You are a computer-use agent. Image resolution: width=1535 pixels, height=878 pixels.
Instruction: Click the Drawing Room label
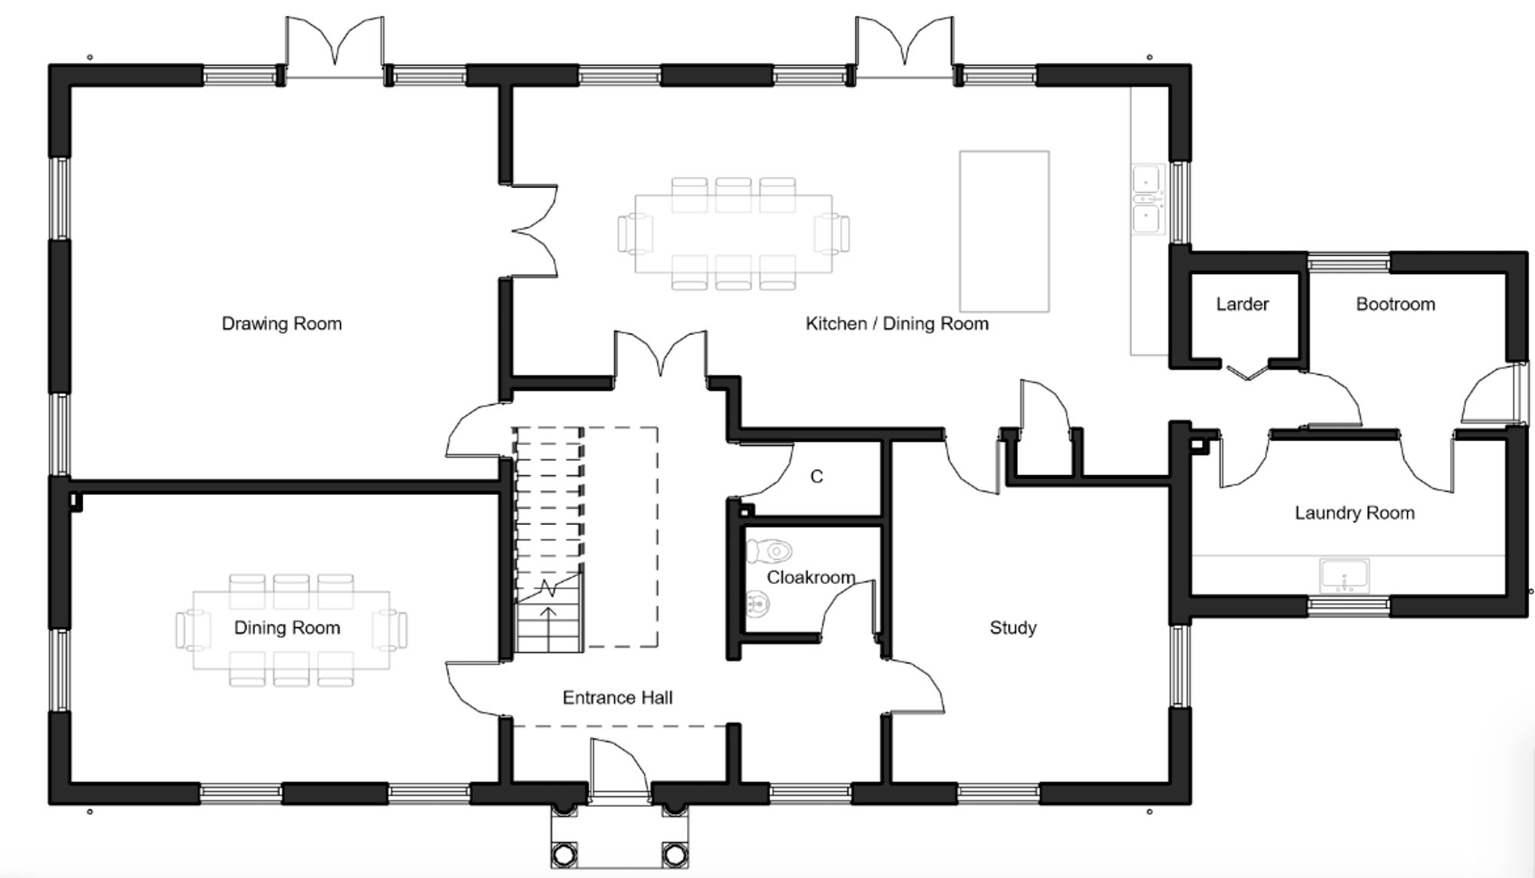pyautogui.click(x=282, y=324)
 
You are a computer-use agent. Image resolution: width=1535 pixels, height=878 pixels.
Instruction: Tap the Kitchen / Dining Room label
pyautogui.click(x=897, y=324)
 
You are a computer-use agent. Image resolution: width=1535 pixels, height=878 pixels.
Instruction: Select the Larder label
pyautogui.click(x=1243, y=304)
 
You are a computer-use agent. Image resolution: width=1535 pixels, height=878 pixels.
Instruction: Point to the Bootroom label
pyautogui.click(x=1395, y=304)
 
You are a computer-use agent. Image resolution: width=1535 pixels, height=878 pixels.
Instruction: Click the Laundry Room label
pyautogui.click(x=1355, y=513)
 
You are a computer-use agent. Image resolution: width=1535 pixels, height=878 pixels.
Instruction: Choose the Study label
pyautogui.click(x=1013, y=628)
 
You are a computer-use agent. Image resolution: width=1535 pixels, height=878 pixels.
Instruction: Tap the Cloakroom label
pyautogui.click(x=811, y=577)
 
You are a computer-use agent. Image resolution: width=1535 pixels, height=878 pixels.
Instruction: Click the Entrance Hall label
pyautogui.click(x=618, y=698)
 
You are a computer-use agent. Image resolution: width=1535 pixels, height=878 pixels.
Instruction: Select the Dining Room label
pyautogui.click(x=287, y=628)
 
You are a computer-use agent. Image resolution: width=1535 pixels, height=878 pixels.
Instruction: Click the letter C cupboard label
pyautogui.click(x=817, y=477)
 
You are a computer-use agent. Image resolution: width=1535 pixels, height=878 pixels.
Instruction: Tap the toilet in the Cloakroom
pyautogui.click(x=769, y=550)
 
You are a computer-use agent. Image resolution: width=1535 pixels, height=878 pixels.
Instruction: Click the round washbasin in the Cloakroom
pyautogui.click(x=758, y=604)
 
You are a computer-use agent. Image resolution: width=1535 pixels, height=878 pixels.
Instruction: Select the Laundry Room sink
pyautogui.click(x=1344, y=576)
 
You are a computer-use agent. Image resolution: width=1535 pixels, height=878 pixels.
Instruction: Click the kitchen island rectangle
pyautogui.click(x=1004, y=231)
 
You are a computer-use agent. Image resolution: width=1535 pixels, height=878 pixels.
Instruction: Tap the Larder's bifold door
pyautogui.click(x=1246, y=372)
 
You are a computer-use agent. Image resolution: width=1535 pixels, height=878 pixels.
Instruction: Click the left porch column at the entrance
pyautogui.click(x=564, y=853)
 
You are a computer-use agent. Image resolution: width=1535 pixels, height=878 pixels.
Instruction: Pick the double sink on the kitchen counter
pyautogui.click(x=1147, y=199)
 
